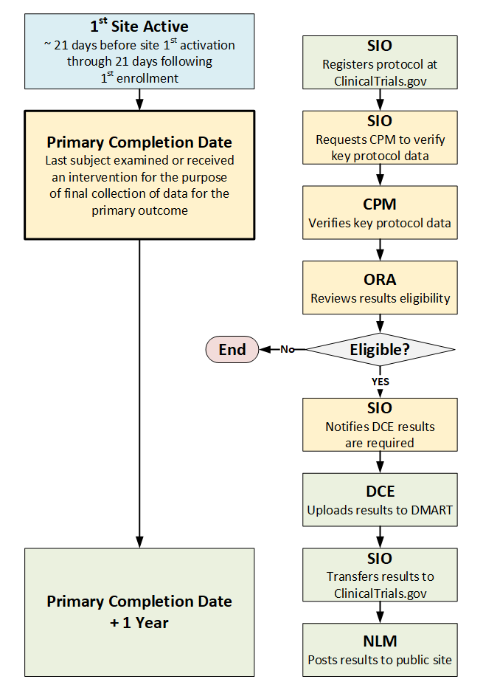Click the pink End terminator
[x=232, y=349]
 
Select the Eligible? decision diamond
[x=380, y=349]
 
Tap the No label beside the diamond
[x=288, y=349]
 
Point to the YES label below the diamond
[x=380, y=382]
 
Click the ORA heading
[x=380, y=280]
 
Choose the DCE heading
[x=380, y=491]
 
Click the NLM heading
[x=380, y=641]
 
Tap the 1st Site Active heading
[x=139, y=27]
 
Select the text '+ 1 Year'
[x=139, y=622]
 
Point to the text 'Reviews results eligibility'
[x=380, y=299]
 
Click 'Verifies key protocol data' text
[x=380, y=223]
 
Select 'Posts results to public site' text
[x=380, y=660]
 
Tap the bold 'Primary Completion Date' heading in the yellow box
[x=139, y=142]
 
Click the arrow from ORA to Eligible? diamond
[x=380, y=323]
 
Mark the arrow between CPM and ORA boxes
[x=380, y=250]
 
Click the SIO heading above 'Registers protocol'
[x=380, y=45]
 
